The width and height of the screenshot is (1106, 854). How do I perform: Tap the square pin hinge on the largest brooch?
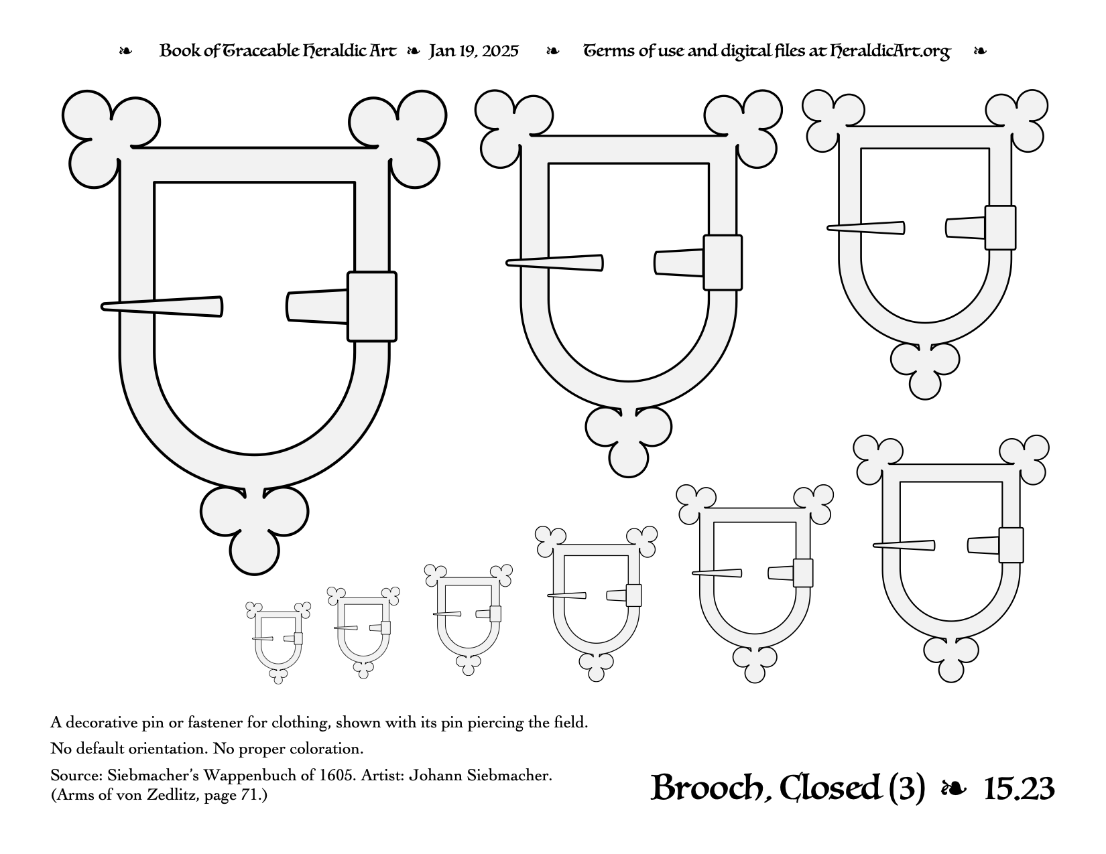pos(372,307)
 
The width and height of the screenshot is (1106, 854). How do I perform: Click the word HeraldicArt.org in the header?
pos(890,52)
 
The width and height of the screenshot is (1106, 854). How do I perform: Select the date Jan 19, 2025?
pos(473,52)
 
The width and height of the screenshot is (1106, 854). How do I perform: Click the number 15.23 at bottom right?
pos(1019,789)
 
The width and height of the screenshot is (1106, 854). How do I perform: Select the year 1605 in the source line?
pos(336,776)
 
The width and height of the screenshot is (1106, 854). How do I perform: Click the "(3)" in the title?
pos(906,788)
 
